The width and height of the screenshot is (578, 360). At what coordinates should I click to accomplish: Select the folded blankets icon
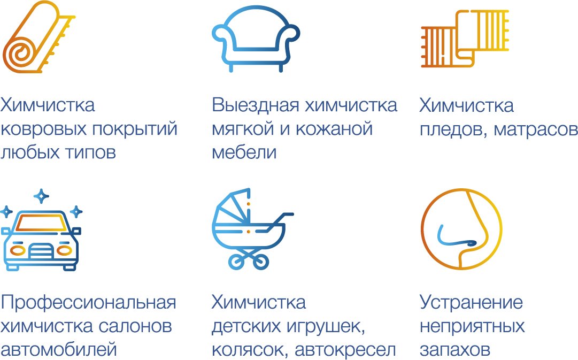[x=465, y=39]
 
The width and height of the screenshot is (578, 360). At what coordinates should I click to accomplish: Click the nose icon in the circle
[x=461, y=228]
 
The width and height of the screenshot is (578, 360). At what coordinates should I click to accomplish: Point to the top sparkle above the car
[x=41, y=196]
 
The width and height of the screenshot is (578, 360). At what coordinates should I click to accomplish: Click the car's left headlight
[x=17, y=250]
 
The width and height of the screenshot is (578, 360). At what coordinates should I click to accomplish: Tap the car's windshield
[x=41, y=223]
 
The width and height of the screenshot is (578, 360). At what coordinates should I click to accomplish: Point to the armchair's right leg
[x=281, y=66]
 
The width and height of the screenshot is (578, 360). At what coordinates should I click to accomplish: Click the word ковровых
[x=44, y=129]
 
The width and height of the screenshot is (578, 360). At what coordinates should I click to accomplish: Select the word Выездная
[x=256, y=105]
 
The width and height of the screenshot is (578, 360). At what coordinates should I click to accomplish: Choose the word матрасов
[x=536, y=129]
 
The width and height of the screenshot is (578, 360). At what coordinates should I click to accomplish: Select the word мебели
[x=244, y=152]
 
